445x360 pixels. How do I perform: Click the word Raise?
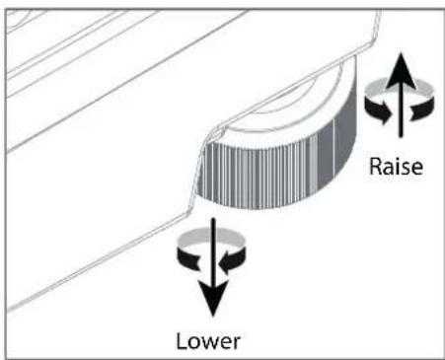(x=396, y=167)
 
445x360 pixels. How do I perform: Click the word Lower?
(x=208, y=341)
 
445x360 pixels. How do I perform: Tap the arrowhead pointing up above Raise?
(x=401, y=70)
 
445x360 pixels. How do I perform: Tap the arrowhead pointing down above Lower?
(x=213, y=299)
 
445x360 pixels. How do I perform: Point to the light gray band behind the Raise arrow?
(x=400, y=85)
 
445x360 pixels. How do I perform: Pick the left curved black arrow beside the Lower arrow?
(x=188, y=258)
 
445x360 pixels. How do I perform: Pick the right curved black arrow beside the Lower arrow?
(x=233, y=259)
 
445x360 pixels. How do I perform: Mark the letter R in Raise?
(x=376, y=167)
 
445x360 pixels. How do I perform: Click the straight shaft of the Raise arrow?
(x=401, y=111)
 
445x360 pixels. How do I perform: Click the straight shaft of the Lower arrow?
(x=213, y=251)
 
